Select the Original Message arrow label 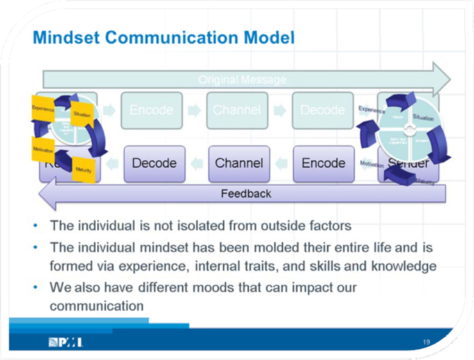pyautogui.click(x=242, y=80)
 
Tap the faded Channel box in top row pyautogui.click(x=237, y=110)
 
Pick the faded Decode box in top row pyautogui.click(x=322, y=110)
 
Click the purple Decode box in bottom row pyautogui.click(x=154, y=164)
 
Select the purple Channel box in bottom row pyautogui.click(x=239, y=164)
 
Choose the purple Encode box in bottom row pyautogui.click(x=323, y=164)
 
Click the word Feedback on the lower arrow pyautogui.click(x=246, y=194)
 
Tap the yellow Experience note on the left pyautogui.click(x=43, y=109)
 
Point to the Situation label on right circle pyautogui.click(x=423, y=118)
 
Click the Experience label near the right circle pyautogui.click(x=372, y=110)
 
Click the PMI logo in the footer pyautogui.click(x=66, y=342)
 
